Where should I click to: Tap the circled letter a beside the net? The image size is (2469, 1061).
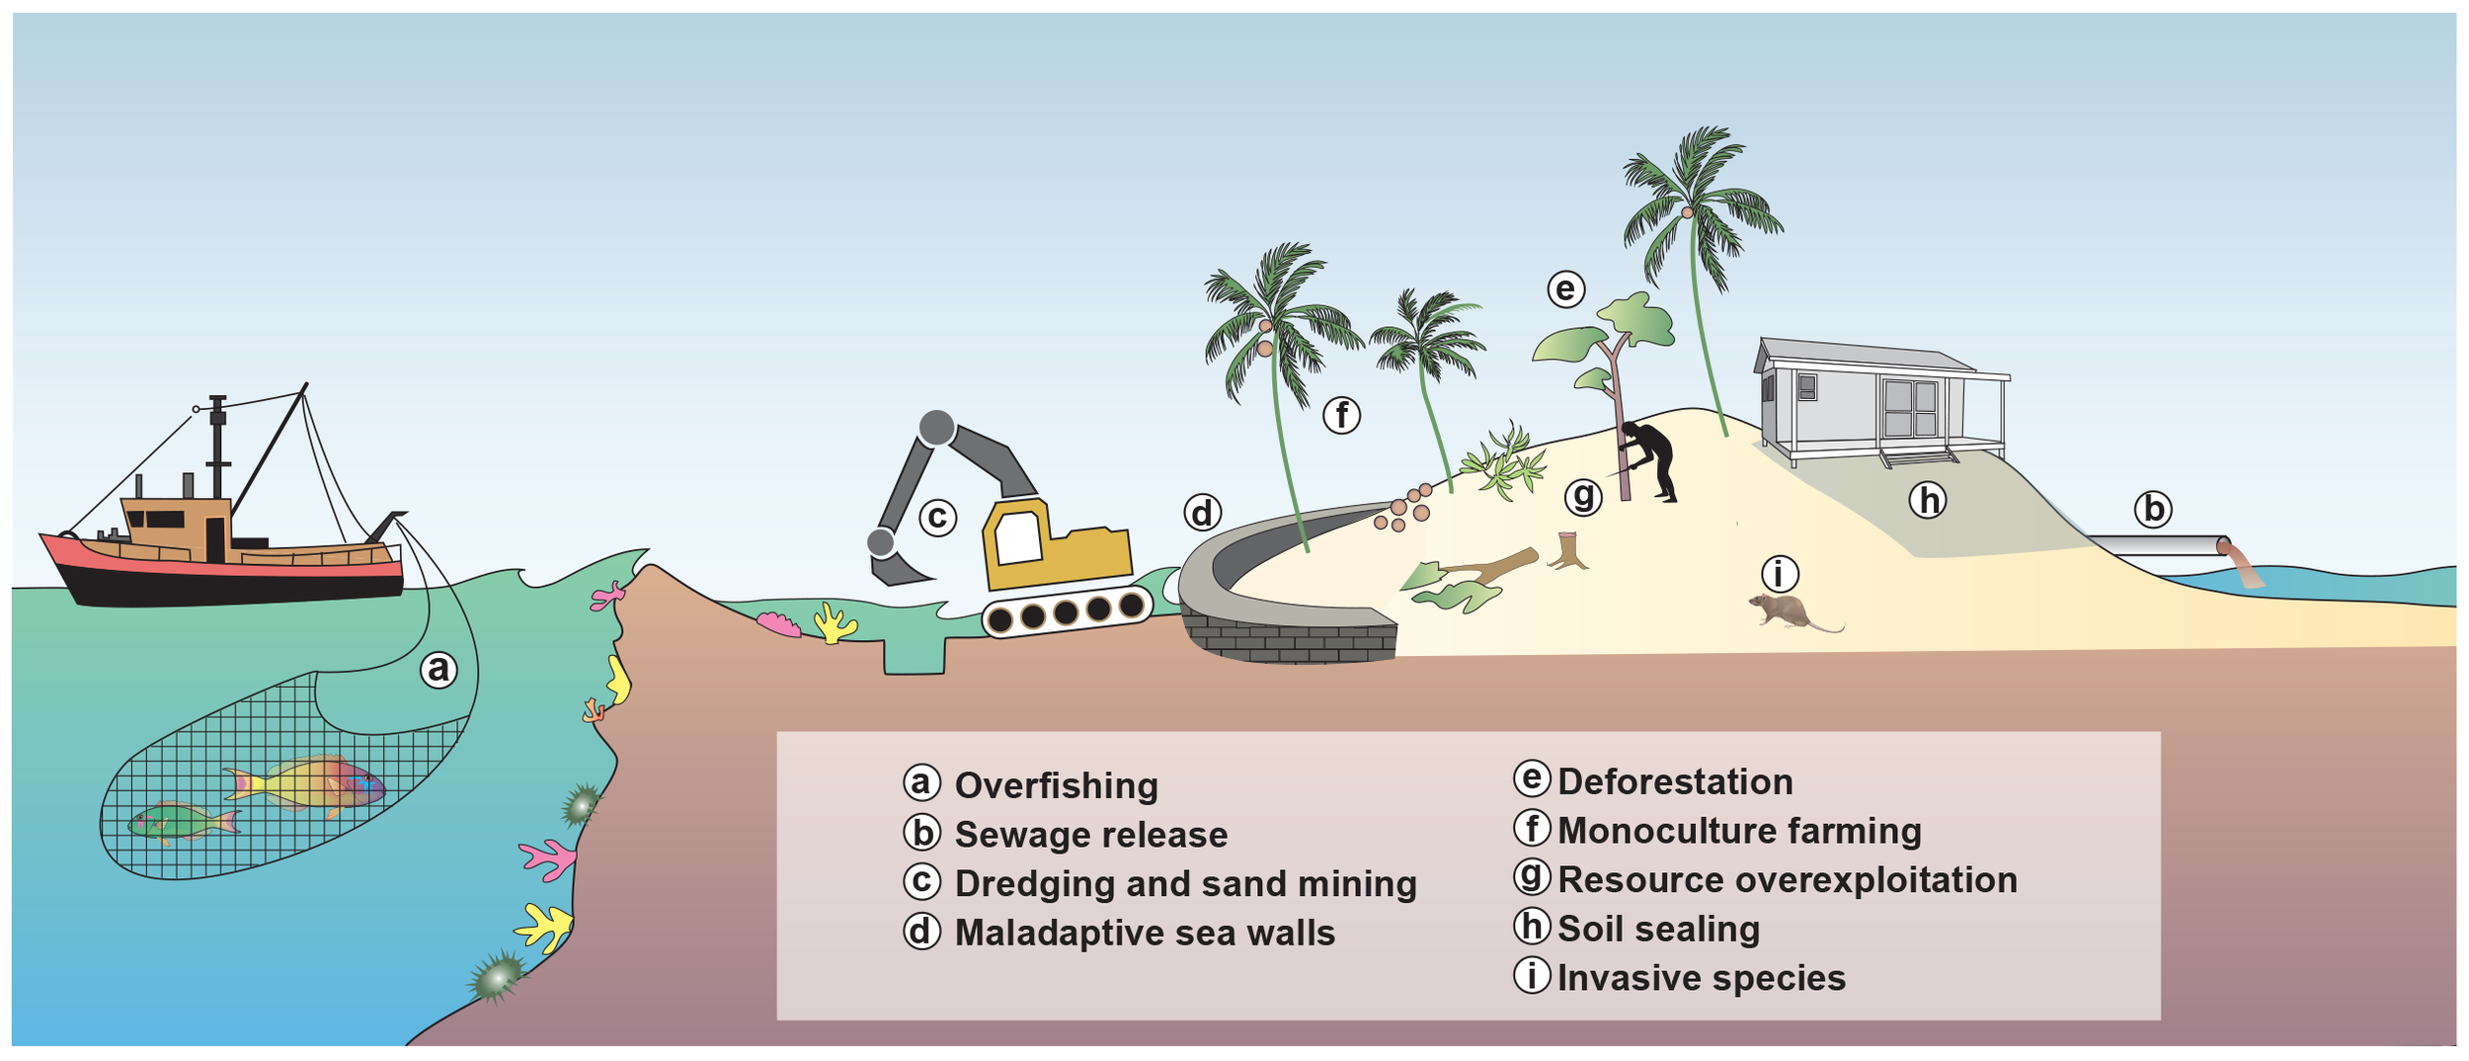pyautogui.click(x=438, y=670)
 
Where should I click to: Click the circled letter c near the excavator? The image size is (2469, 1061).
pyautogui.click(x=937, y=517)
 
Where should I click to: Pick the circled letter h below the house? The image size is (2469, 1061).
pyautogui.click(x=1927, y=501)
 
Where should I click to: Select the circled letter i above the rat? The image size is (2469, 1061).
pyautogui.click(x=1780, y=573)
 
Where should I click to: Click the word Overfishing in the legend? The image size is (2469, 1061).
pyautogui.click(x=1056, y=786)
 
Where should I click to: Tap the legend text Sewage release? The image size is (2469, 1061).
pyautogui.click(x=1090, y=836)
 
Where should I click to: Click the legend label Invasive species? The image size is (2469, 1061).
pyautogui.click(x=1701, y=978)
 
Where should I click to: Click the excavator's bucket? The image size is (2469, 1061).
pyautogui.click(x=897, y=568)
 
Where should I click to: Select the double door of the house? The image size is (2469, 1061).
pyautogui.click(x=1910, y=408)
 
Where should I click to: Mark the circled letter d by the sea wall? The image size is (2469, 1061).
pyautogui.click(x=1202, y=513)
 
